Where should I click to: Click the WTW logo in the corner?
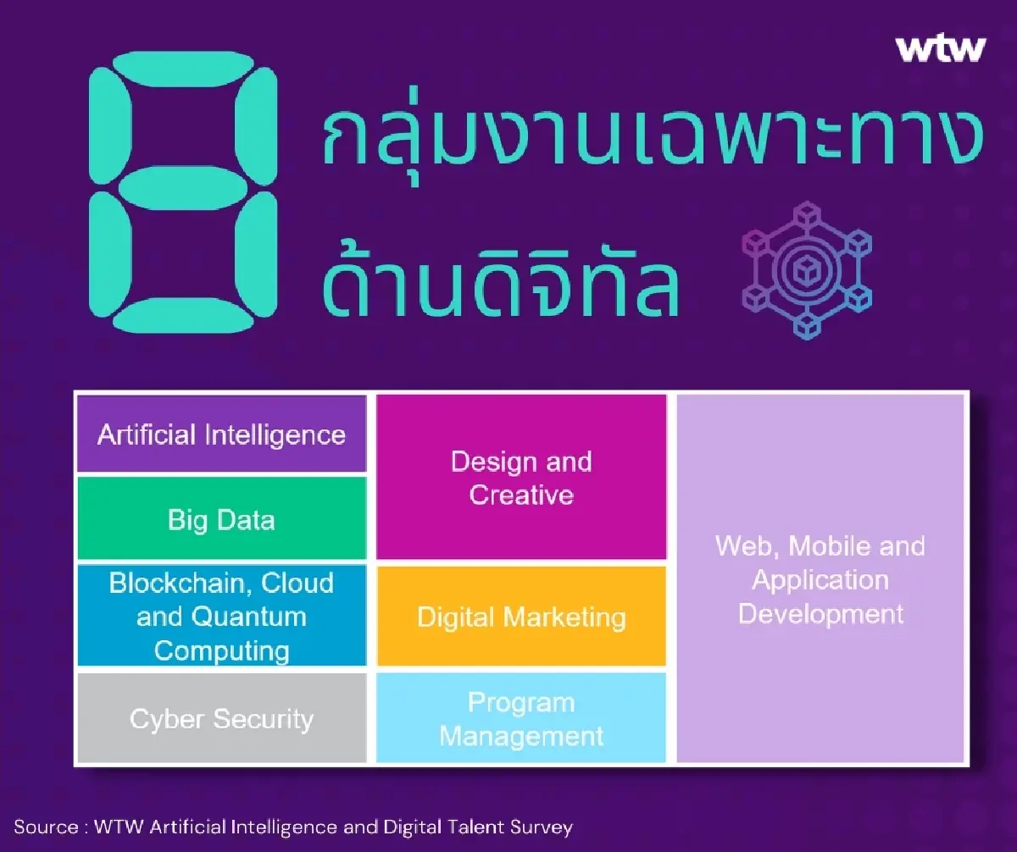941,48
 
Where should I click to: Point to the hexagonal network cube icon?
806,270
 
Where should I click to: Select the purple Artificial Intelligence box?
221,434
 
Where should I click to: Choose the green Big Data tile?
221,518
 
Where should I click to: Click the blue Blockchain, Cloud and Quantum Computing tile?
221,617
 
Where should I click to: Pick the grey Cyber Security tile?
221,719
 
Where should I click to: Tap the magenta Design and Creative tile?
521,478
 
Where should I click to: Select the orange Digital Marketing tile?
521,617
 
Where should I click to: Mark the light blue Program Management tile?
521,719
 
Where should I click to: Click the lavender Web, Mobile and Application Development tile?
820,579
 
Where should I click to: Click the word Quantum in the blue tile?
249,617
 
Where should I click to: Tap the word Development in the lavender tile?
820,613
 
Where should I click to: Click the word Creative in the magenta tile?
521,495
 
